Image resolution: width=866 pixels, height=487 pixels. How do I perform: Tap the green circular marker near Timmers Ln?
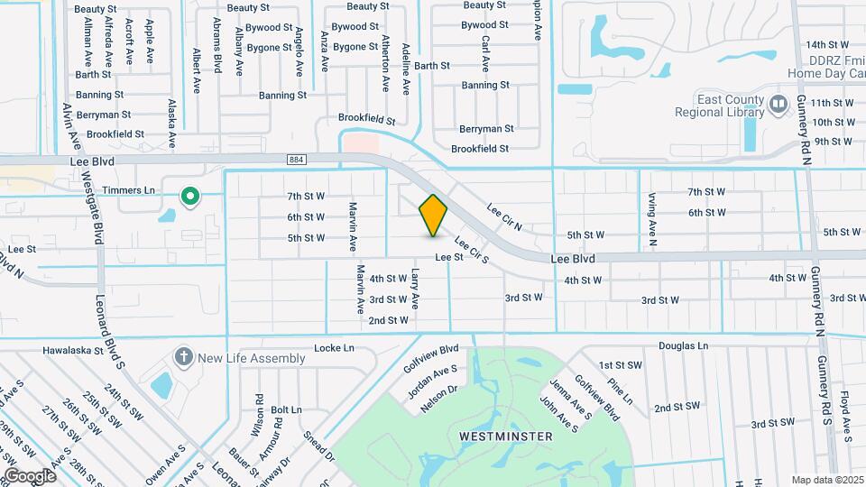(x=189, y=196)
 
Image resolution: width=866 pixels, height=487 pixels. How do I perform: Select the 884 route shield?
(x=296, y=160)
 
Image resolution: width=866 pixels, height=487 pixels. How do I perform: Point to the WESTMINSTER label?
(x=505, y=436)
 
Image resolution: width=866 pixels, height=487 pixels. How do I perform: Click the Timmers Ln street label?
(x=128, y=190)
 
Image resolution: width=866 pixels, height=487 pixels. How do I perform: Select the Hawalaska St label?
(x=75, y=350)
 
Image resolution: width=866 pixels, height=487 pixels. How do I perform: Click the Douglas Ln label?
(x=683, y=345)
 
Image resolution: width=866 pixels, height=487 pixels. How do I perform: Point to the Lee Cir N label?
(x=504, y=213)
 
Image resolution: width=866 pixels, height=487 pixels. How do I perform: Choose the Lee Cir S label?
(x=471, y=250)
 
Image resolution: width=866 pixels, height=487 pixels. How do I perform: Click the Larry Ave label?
(x=416, y=287)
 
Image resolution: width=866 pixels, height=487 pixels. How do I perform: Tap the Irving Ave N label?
(x=651, y=219)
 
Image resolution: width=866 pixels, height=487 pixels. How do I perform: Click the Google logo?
(x=30, y=475)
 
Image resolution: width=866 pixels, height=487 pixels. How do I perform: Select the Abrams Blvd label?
(x=217, y=45)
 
